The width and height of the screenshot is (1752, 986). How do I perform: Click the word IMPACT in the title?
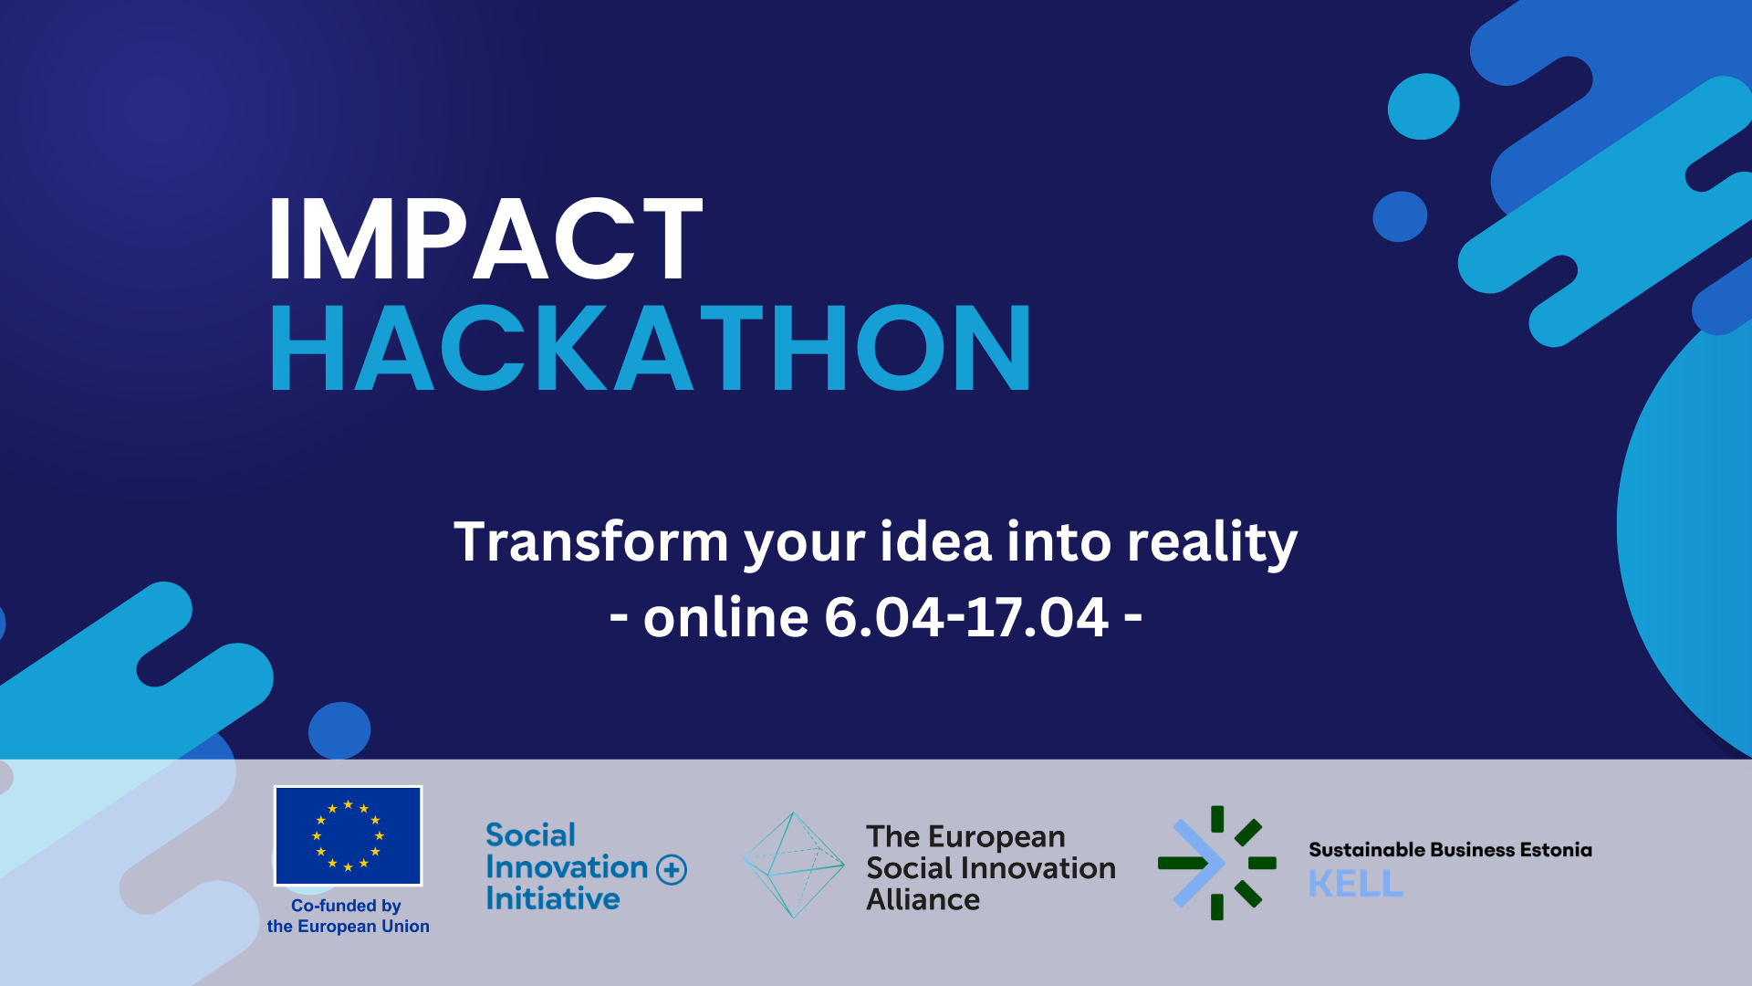(485, 238)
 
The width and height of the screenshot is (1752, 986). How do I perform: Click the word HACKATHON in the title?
(651, 348)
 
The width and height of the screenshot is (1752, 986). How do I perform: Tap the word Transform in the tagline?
(591, 541)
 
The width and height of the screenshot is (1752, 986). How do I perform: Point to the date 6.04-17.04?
(966, 617)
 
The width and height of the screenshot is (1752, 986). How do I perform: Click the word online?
(725, 617)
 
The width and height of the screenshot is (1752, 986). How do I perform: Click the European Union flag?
(348, 835)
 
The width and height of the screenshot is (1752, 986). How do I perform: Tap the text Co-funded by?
(346, 906)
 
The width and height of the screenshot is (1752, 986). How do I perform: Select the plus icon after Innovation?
(672, 869)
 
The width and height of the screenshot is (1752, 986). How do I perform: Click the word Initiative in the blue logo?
(552, 899)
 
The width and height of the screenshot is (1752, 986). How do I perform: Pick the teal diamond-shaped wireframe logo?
(794, 865)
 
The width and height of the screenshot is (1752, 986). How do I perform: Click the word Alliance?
(923, 900)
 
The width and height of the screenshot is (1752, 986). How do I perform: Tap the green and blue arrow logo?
(1216, 863)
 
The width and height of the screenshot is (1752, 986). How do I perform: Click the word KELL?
(1355, 884)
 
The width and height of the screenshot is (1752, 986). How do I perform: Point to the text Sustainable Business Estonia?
(1450, 850)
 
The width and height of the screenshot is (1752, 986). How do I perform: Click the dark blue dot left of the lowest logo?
(339, 730)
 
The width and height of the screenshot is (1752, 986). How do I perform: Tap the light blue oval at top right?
(1423, 106)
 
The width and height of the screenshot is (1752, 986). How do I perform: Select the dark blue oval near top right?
(1400, 216)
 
